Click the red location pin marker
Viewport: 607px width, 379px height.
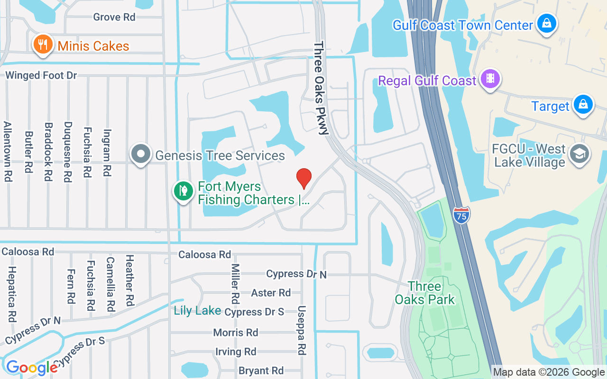pos(303,178)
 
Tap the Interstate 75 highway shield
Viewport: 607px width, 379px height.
pos(461,215)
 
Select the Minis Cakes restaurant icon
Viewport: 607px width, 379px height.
pos(43,45)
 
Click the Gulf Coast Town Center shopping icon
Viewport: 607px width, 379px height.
pos(546,23)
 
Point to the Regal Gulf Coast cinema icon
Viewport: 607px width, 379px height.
pos(490,79)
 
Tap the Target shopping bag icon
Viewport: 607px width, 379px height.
pos(583,105)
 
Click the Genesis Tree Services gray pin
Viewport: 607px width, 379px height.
pos(141,154)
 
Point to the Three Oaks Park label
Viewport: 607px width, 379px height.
pos(424,293)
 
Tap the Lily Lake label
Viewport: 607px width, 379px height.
pos(197,311)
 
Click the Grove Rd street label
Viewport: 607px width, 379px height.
pos(114,17)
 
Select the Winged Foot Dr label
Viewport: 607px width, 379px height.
pos(41,75)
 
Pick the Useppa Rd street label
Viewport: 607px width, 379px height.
pos(302,330)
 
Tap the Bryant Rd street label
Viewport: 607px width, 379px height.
pos(261,370)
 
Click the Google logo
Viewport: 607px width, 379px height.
pos(32,367)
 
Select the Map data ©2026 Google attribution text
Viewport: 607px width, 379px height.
pos(549,372)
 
